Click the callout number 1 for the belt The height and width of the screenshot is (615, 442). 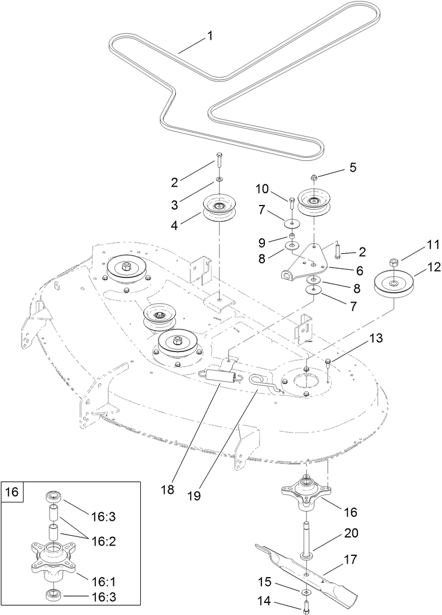(209, 36)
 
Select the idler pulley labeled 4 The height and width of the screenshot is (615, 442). (220, 209)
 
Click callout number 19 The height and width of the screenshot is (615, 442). (194, 495)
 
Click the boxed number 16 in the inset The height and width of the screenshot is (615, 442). (12, 492)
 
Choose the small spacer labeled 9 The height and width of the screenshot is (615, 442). (292, 236)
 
